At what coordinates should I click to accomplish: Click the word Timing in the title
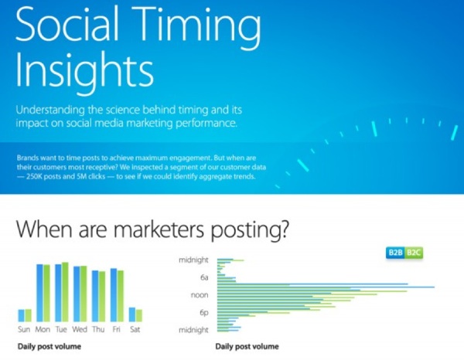(x=196, y=25)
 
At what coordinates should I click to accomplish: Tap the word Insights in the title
(x=84, y=72)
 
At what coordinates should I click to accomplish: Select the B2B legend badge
(x=395, y=253)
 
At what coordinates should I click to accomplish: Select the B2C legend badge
(x=414, y=253)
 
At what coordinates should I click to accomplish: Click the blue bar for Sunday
(x=22, y=315)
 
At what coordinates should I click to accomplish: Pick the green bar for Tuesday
(x=65, y=292)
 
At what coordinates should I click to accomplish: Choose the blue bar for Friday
(x=114, y=295)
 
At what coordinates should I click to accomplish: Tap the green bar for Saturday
(x=138, y=316)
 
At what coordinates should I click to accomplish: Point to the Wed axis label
(x=80, y=329)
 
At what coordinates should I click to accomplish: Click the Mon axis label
(x=43, y=329)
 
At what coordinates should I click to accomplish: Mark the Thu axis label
(x=98, y=329)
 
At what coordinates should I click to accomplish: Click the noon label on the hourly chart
(x=200, y=295)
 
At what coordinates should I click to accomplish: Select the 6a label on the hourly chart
(x=204, y=277)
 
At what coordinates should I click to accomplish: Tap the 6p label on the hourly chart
(x=204, y=312)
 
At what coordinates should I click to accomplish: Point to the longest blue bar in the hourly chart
(x=326, y=287)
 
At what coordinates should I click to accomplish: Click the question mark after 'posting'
(x=282, y=230)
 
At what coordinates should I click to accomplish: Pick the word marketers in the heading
(x=159, y=230)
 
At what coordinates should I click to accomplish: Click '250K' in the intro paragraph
(x=35, y=177)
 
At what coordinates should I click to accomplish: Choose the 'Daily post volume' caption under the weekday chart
(x=49, y=346)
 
